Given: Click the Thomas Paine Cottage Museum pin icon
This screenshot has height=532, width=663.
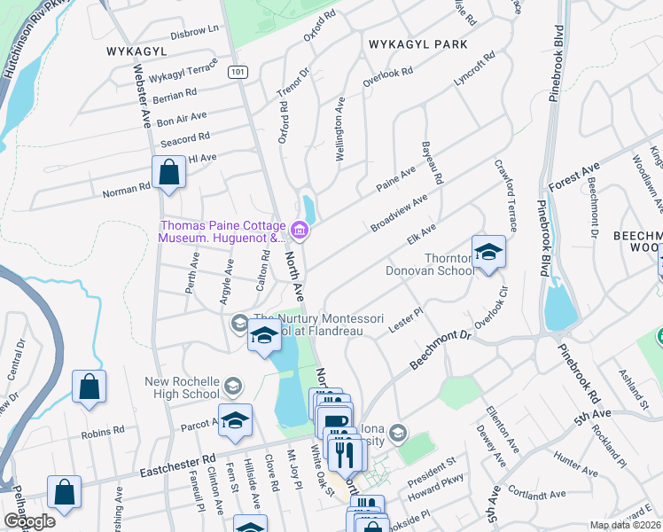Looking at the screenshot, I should [x=300, y=232].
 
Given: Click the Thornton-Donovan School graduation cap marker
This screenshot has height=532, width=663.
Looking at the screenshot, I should [x=487, y=253].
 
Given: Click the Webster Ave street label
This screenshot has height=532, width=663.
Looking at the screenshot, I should [x=142, y=97].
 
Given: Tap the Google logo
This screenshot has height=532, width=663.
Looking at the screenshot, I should [x=29, y=521].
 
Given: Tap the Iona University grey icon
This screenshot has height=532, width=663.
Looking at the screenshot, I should [x=398, y=433].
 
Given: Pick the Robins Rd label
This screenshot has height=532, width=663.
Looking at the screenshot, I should [x=103, y=434].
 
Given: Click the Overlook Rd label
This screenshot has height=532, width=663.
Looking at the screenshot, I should [x=388, y=77].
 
